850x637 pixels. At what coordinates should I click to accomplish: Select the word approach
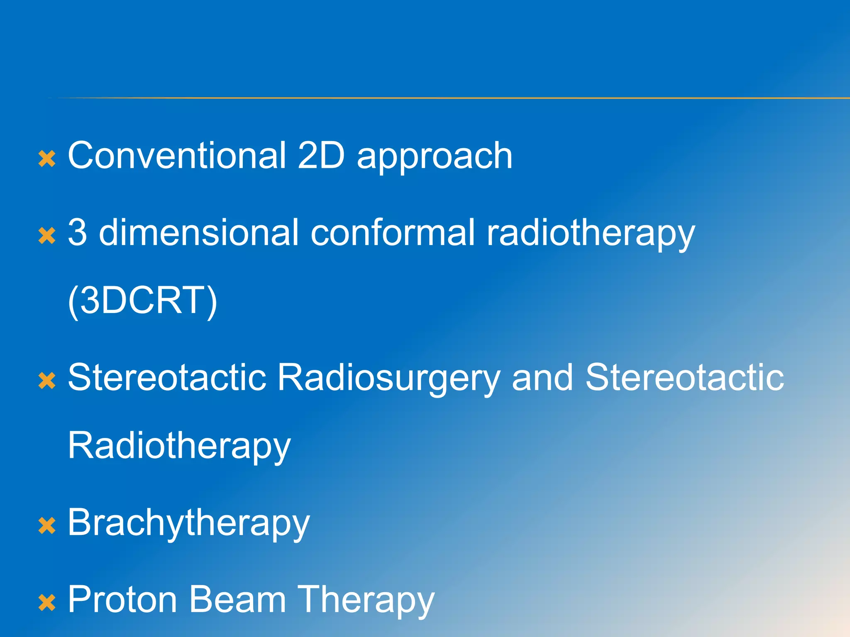[435, 158]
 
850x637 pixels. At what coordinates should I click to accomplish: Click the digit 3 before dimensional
[78, 233]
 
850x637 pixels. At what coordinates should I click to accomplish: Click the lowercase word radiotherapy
[590, 235]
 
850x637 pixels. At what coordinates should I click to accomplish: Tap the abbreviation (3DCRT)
[142, 301]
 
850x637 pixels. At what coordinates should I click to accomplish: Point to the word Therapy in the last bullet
[366, 601]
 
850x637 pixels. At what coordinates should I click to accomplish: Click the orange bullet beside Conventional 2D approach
[47, 159]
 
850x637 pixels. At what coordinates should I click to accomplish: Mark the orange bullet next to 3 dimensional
[47, 236]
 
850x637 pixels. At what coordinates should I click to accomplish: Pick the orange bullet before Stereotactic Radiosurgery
[47, 381]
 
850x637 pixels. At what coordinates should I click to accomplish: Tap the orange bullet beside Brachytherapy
[47, 525]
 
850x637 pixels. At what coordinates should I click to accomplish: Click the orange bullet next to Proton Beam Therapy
[47, 603]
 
